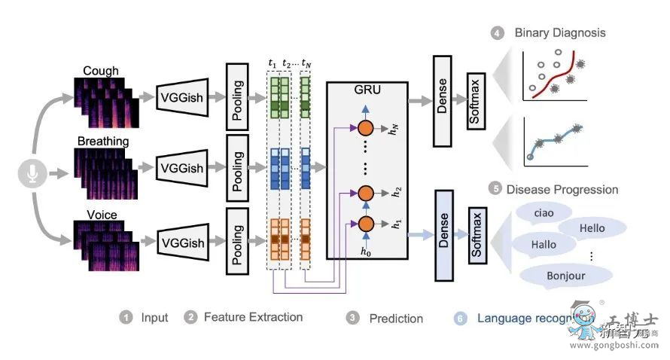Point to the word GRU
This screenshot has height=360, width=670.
pyautogui.click(x=367, y=90)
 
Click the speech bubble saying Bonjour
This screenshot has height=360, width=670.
pyautogui.click(x=566, y=276)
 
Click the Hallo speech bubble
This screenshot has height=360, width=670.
pyautogui.click(x=544, y=244)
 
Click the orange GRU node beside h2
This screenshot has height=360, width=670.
pyautogui.click(x=367, y=192)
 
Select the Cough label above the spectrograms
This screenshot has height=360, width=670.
pyautogui.click(x=101, y=71)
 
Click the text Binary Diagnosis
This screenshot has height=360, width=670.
pyautogui.click(x=559, y=32)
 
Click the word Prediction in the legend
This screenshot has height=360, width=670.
pyautogui.click(x=396, y=319)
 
